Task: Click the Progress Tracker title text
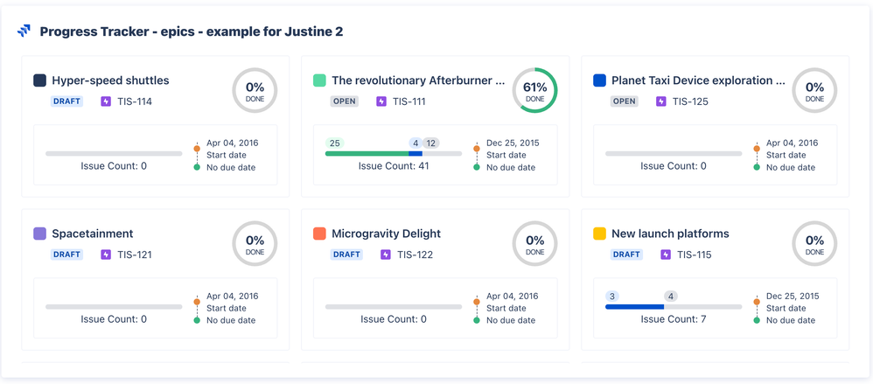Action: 191,31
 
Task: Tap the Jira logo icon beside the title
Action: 24,31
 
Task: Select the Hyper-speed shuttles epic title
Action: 110,80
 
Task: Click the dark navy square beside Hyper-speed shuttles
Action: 39,80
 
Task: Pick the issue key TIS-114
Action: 135,101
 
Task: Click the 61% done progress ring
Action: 534,90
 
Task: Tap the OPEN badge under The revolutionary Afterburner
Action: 345,101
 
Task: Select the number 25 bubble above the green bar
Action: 335,143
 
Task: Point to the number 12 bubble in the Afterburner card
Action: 431,143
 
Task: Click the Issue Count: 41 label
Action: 394,166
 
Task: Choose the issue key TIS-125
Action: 691,101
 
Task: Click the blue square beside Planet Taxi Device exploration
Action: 599,80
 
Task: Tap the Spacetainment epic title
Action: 93,234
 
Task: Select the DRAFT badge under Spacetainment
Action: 67,255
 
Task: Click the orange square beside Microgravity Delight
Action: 319,234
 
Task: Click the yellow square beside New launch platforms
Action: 599,234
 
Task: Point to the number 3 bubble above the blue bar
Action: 612,296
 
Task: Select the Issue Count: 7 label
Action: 674,319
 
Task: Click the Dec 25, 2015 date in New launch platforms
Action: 792,296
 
